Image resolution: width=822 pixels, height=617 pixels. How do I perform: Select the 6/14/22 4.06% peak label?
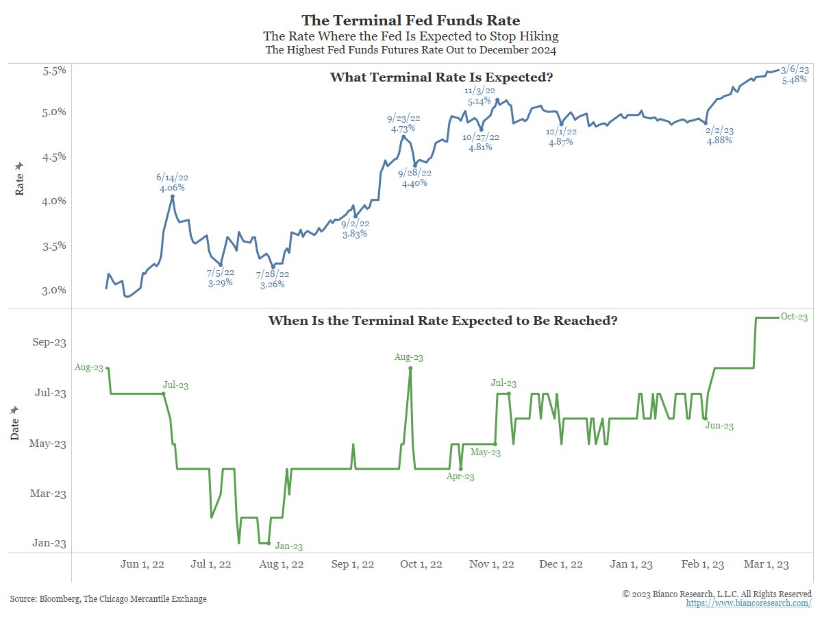(x=171, y=182)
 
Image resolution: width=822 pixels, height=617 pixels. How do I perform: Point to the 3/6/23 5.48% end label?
(x=794, y=75)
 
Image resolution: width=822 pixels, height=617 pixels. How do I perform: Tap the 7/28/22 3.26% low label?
(x=273, y=279)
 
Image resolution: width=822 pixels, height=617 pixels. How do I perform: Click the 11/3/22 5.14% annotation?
(x=477, y=96)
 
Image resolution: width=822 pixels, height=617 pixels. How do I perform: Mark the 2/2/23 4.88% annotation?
(x=719, y=135)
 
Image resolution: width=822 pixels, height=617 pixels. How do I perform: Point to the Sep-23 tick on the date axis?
(x=49, y=343)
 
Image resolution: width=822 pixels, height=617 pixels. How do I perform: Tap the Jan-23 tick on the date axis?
(x=51, y=543)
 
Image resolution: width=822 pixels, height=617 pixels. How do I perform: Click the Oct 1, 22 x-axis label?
(x=422, y=564)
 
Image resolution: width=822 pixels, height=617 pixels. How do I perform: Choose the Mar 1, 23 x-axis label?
(x=767, y=564)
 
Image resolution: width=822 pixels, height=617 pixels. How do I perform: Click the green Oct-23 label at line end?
(x=795, y=317)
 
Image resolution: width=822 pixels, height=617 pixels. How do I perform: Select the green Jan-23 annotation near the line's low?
(x=288, y=546)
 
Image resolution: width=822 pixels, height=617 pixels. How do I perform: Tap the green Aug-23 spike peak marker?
(x=410, y=368)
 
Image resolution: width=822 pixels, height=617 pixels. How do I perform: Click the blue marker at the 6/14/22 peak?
(x=172, y=197)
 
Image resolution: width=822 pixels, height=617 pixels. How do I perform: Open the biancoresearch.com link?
(x=749, y=603)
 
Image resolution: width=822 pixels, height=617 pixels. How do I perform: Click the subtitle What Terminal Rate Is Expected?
(x=441, y=77)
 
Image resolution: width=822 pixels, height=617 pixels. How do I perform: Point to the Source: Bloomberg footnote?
(x=108, y=599)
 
